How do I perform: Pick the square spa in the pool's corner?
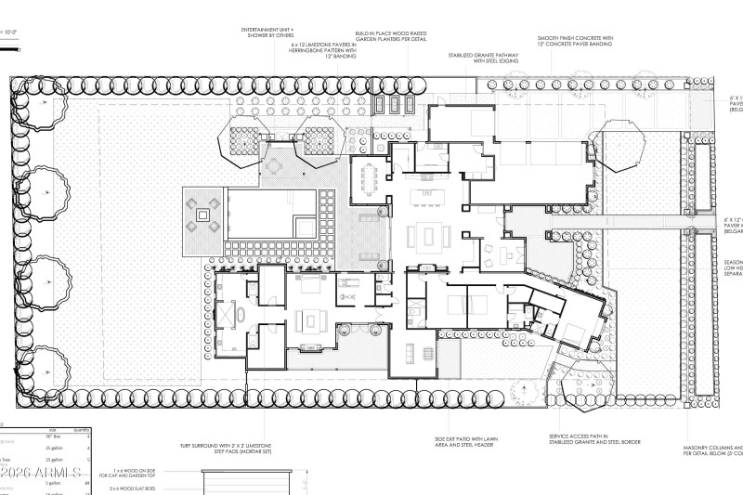coord(305,227)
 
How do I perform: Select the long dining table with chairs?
coord(370,177)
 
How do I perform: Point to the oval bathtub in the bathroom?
coord(241,316)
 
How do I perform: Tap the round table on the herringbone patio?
coord(276,168)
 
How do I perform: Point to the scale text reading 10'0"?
coord(11,31)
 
